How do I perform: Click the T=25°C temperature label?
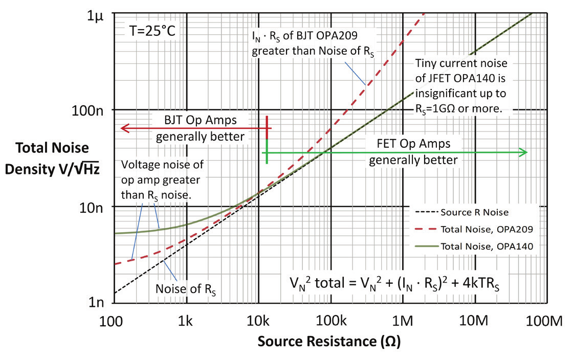coord(152,31)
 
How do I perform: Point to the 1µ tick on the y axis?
coord(96,16)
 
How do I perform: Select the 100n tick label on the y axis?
coord(87,110)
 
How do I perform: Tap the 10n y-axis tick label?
coord(92,208)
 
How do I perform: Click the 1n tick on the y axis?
coord(96,302)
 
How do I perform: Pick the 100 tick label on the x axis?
coord(111,321)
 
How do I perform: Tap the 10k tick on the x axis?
coord(258,321)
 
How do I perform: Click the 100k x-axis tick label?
coord(331,321)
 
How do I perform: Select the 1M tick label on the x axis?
coord(402,321)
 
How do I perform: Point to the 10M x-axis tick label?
coord(474,321)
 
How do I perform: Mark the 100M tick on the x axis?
coord(544,321)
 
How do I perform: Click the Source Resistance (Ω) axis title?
coord(329,342)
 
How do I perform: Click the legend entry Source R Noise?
coord(474,212)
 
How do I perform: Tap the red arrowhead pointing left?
coord(125,128)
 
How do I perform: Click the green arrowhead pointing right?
coord(523,152)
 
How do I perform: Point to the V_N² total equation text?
coord(394,283)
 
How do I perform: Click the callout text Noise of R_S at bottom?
coord(186,289)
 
